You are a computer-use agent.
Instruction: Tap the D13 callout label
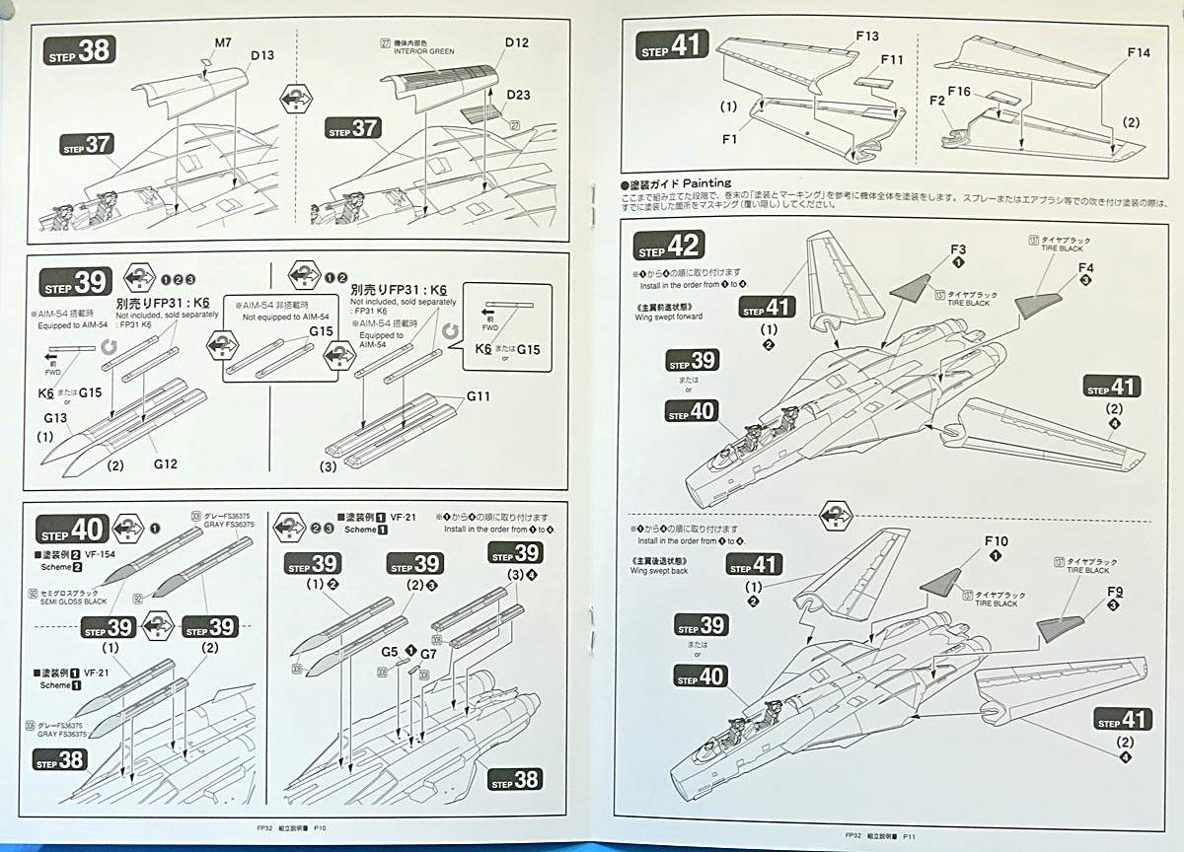point(261,55)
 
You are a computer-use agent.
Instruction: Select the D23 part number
point(519,95)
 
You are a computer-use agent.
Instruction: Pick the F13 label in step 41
point(867,36)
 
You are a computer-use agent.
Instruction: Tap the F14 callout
point(1138,52)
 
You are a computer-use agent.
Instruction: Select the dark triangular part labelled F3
point(918,285)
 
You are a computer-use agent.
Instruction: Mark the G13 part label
point(55,418)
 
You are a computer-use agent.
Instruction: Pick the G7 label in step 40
point(428,653)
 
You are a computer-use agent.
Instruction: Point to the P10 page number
point(319,829)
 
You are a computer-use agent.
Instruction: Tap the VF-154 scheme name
point(102,555)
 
